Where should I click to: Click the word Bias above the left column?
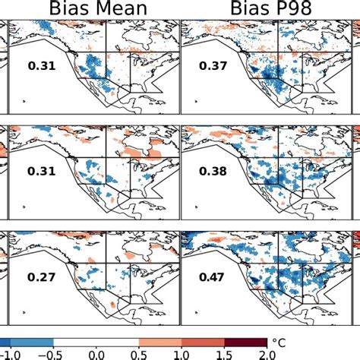click(71, 10)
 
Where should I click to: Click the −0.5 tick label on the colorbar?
click(50, 354)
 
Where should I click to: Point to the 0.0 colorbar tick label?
click(96, 354)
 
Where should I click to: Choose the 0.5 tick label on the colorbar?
click(141, 354)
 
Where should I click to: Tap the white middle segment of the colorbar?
click(96, 341)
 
